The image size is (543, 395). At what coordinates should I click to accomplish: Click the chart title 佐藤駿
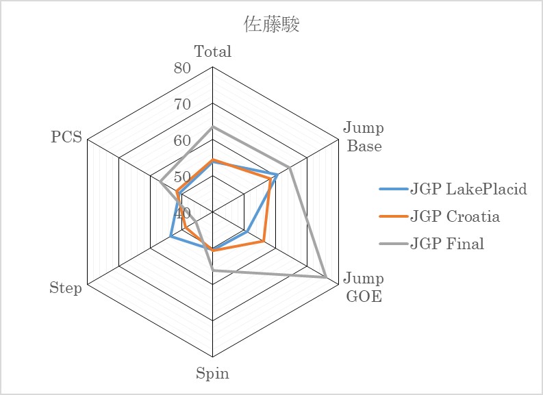(x=271, y=24)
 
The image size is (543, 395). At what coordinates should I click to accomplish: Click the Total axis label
(x=213, y=51)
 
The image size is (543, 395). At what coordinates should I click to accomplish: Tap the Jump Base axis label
(x=364, y=137)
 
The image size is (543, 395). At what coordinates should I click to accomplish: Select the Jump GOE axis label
(x=364, y=288)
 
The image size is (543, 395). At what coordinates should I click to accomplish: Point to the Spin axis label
(x=212, y=374)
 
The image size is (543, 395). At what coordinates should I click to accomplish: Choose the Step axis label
(x=66, y=288)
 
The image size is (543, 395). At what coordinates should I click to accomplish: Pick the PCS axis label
(x=66, y=137)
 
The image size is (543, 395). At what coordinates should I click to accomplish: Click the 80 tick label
(x=182, y=68)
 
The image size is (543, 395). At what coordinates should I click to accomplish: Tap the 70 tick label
(x=182, y=104)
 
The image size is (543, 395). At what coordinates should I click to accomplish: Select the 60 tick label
(x=182, y=140)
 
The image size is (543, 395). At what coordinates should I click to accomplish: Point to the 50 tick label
(x=182, y=177)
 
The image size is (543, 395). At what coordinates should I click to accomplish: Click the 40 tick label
(x=182, y=214)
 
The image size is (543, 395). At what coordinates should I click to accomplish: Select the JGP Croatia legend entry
(x=440, y=216)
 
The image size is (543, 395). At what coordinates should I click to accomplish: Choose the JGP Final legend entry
(x=431, y=244)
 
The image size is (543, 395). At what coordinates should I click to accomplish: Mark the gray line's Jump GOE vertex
(x=326, y=277)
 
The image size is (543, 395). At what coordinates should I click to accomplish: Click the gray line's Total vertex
(x=213, y=127)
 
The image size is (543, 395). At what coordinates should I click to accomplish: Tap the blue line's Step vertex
(x=171, y=236)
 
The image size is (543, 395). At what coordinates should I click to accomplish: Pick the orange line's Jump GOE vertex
(x=263, y=241)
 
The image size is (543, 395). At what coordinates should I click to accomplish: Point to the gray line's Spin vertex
(x=213, y=270)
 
